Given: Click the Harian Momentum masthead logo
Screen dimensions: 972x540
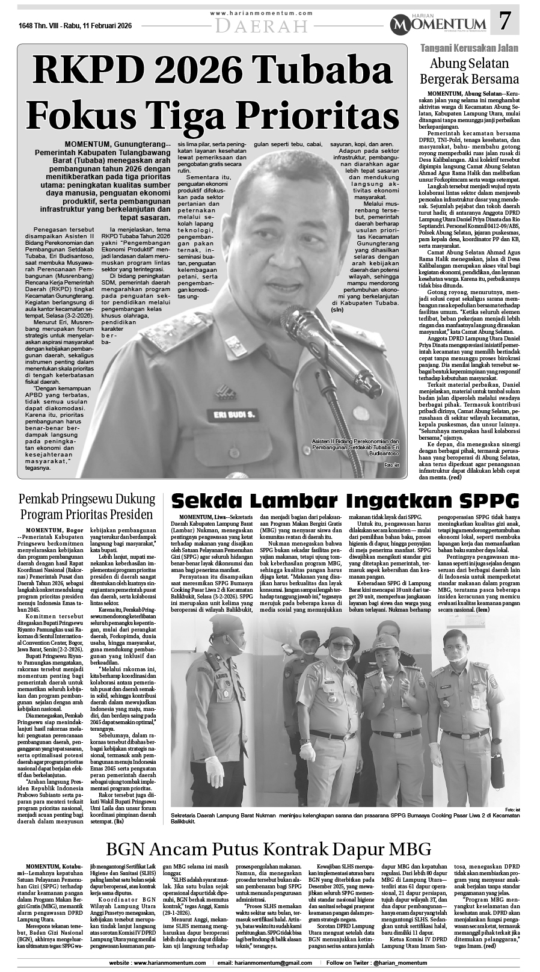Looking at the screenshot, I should (440, 23).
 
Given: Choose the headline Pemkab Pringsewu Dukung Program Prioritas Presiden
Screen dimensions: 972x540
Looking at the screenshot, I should (87, 506).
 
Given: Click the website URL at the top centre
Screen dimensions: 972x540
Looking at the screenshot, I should (262, 13).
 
